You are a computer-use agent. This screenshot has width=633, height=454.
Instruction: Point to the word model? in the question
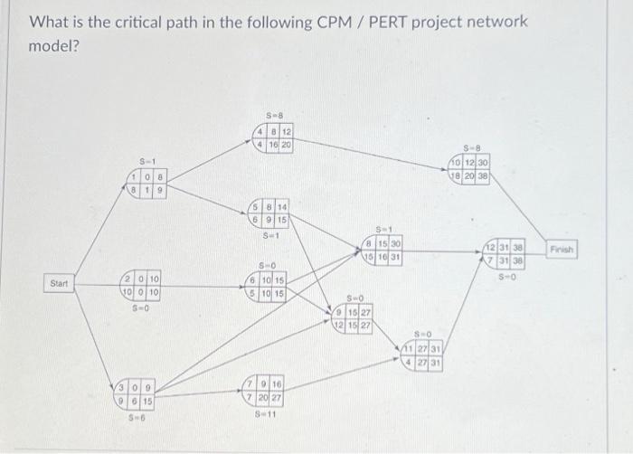(55, 45)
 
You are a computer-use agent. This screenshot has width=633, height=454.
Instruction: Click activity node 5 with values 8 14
(270, 212)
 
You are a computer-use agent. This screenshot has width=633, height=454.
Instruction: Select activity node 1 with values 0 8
(147, 184)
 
